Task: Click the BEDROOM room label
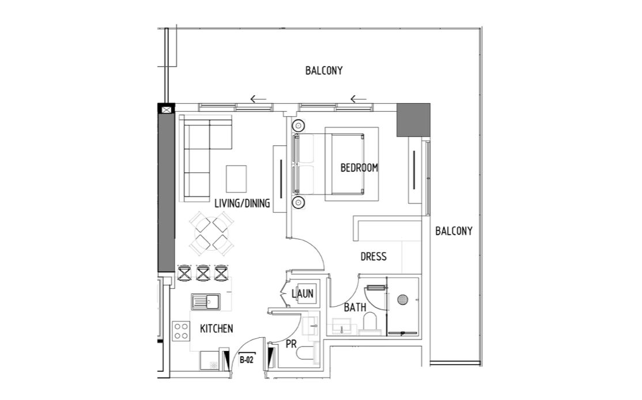coord(359,168)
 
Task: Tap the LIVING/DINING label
coord(243,203)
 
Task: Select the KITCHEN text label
coord(217,329)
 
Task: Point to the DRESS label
coord(373,256)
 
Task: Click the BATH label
coord(355,307)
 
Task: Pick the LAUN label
coord(303,293)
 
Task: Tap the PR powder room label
coord(291,344)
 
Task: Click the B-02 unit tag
coord(247,360)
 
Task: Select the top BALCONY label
coord(324,70)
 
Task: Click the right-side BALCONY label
coord(454,231)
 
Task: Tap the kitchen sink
coord(206,302)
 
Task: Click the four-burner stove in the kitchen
coord(181,331)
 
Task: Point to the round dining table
coord(212,234)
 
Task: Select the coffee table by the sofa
coord(236,179)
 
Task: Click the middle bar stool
coord(203,273)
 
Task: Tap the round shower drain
coord(402,300)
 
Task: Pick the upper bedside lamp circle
coord(299,125)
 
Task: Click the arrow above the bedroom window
coord(358,99)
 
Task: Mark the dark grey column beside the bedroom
coord(413,120)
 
